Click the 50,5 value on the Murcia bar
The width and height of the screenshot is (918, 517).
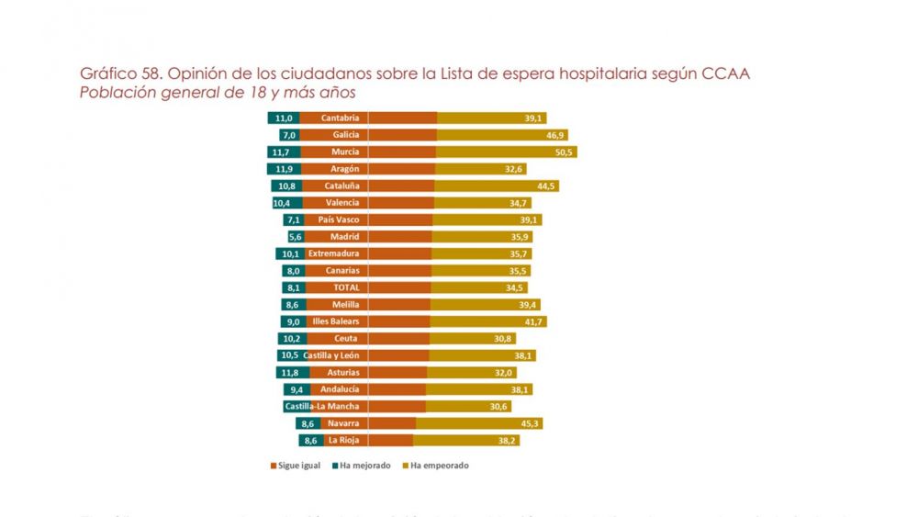point(564,152)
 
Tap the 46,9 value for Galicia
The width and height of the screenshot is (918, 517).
point(555,135)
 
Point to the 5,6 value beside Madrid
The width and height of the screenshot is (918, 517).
point(296,236)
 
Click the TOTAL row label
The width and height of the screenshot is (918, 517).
point(345,287)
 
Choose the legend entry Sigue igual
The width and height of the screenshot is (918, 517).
point(296,466)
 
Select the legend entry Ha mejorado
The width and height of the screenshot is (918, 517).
point(360,466)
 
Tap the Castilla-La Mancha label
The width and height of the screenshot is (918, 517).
point(321,406)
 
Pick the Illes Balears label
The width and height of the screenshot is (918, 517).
point(336,321)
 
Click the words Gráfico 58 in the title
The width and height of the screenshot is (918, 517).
point(113,73)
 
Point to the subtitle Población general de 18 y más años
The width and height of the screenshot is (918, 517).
point(218,93)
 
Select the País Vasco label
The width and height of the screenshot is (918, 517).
point(338,219)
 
